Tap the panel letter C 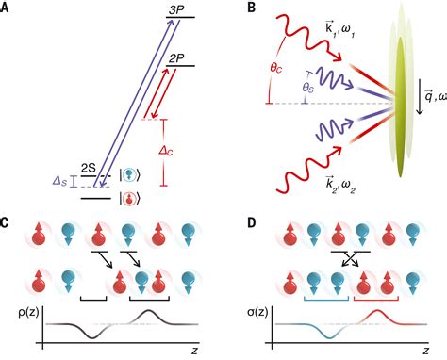8,223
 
